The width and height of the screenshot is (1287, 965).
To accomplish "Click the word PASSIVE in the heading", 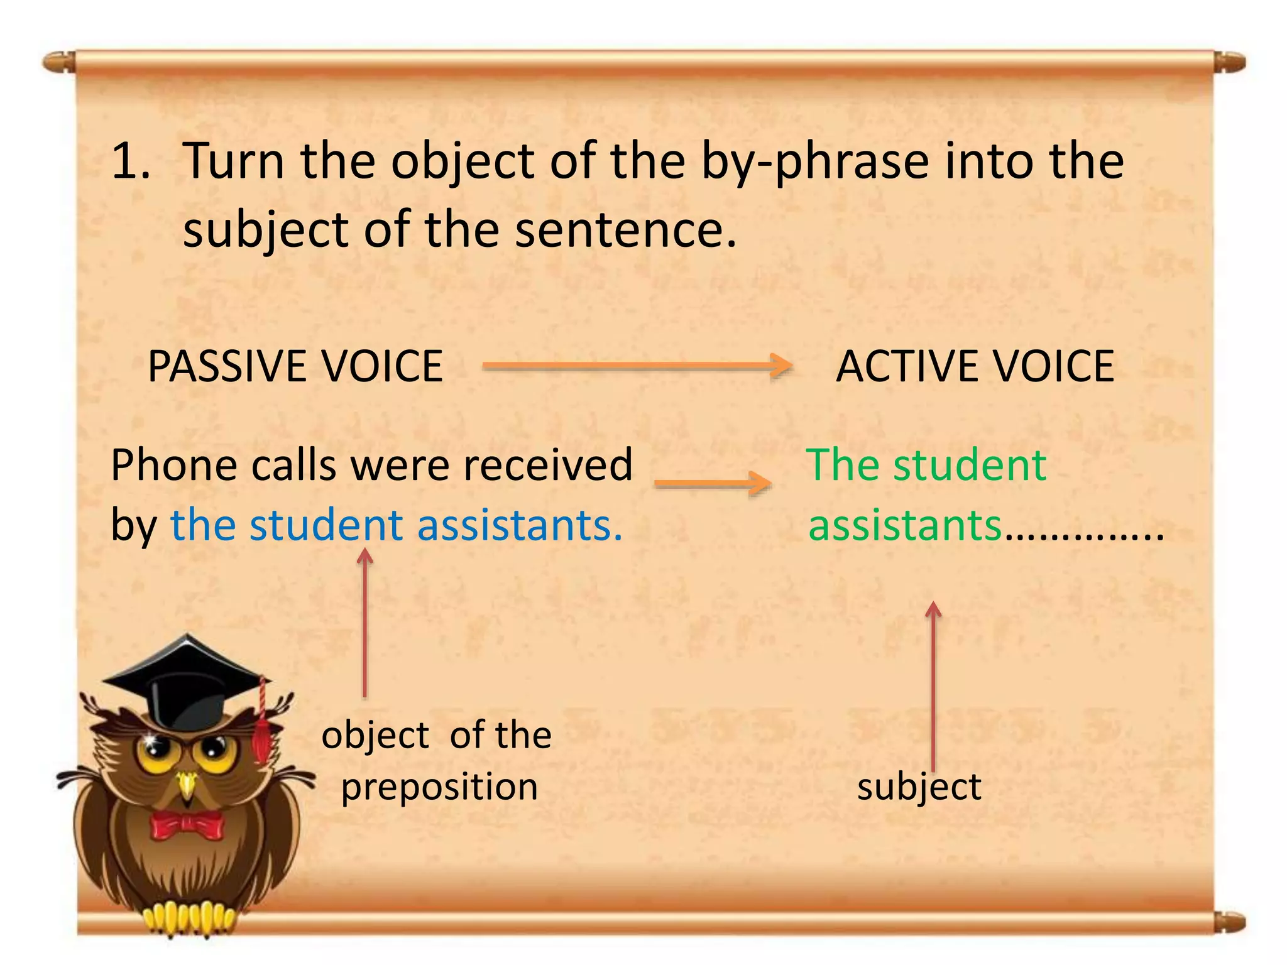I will pyautogui.click(x=227, y=366).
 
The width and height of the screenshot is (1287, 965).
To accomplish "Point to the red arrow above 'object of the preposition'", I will pyautogui.click(x=364, y=622).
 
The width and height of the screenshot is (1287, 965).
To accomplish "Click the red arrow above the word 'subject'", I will pyautogui.click(x=934, y=685).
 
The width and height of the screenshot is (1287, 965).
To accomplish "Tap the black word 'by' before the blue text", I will pyautogui.click(x=133, y=526).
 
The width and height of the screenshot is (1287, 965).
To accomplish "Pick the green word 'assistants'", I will pyautogui.click(x=904, y=525).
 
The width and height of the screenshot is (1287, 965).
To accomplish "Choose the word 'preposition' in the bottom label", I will pyautogui.click(x=439, y=787).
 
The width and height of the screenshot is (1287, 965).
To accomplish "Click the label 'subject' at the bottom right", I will pyautogui.click(x=919, y=787).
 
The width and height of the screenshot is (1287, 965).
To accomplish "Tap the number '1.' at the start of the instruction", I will pyautogui.click(x=131, y=161).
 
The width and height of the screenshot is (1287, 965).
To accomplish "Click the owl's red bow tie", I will pyautogui.click(x=187, y=824).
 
